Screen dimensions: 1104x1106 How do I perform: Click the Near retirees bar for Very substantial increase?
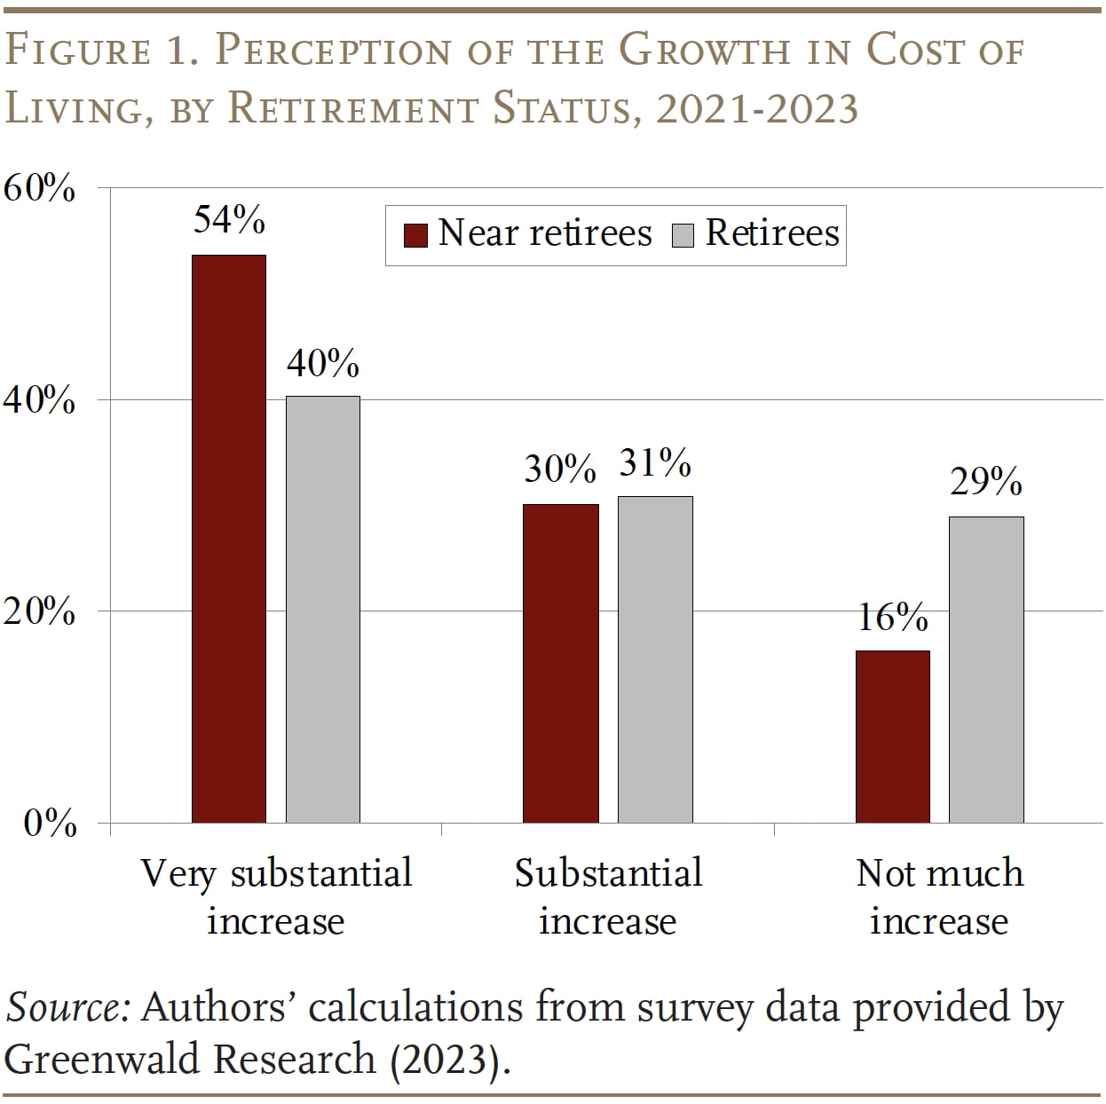(x=229, y=539)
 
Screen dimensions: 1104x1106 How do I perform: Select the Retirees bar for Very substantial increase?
(x=323, y=609)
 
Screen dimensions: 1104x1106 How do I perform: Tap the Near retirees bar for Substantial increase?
(x=560, y=663)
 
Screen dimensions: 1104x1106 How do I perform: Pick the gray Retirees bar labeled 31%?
(x=655, y=659)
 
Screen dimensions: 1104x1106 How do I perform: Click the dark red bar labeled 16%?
(x=893, y=737)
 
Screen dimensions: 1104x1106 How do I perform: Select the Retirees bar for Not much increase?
(x=986, y=669)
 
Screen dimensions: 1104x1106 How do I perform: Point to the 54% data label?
(x=229, y=219)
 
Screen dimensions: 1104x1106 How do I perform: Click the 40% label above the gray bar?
(x=323, y=363)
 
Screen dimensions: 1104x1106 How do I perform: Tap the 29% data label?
(x=986, y=482)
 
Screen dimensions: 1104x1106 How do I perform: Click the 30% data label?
(x=559, y=469)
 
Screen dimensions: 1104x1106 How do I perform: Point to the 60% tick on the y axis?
(x=39, y=188)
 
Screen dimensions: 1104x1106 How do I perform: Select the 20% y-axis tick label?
(x=39, y=611)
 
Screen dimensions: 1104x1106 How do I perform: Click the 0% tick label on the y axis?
(x=50, y=824)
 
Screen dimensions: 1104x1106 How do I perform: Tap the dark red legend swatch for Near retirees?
(x=415, y=235)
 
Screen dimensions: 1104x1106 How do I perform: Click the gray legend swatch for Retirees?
(x=683, y=235)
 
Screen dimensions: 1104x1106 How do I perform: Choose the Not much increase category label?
(x=939, y=896)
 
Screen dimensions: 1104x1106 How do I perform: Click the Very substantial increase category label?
(x=276, y=896)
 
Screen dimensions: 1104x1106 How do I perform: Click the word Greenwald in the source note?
(x=106, y=1059)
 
